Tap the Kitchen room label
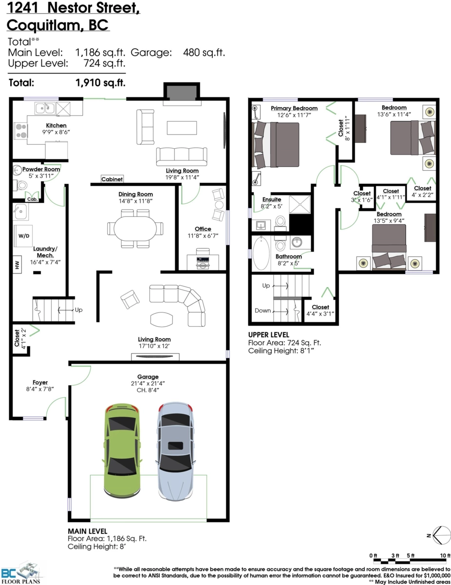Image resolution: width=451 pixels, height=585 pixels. (56, 125)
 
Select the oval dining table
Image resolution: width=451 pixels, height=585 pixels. (135, 227)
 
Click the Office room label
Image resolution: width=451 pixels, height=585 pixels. (203, 229)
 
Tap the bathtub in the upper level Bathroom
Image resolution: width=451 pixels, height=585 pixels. (260, 254)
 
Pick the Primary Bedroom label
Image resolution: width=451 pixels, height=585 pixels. (294, 108)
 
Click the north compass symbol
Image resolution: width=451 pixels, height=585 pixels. (441, 535)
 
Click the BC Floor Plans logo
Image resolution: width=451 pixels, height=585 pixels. (21, 575)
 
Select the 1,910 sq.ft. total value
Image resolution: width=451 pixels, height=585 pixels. (100, 83)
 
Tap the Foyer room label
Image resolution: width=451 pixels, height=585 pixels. (40, 382)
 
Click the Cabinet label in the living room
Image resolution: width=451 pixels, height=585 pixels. (112, 179)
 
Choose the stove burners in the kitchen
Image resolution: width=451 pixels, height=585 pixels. (20, 131)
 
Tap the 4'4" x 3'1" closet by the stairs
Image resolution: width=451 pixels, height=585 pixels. (320, 310)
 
